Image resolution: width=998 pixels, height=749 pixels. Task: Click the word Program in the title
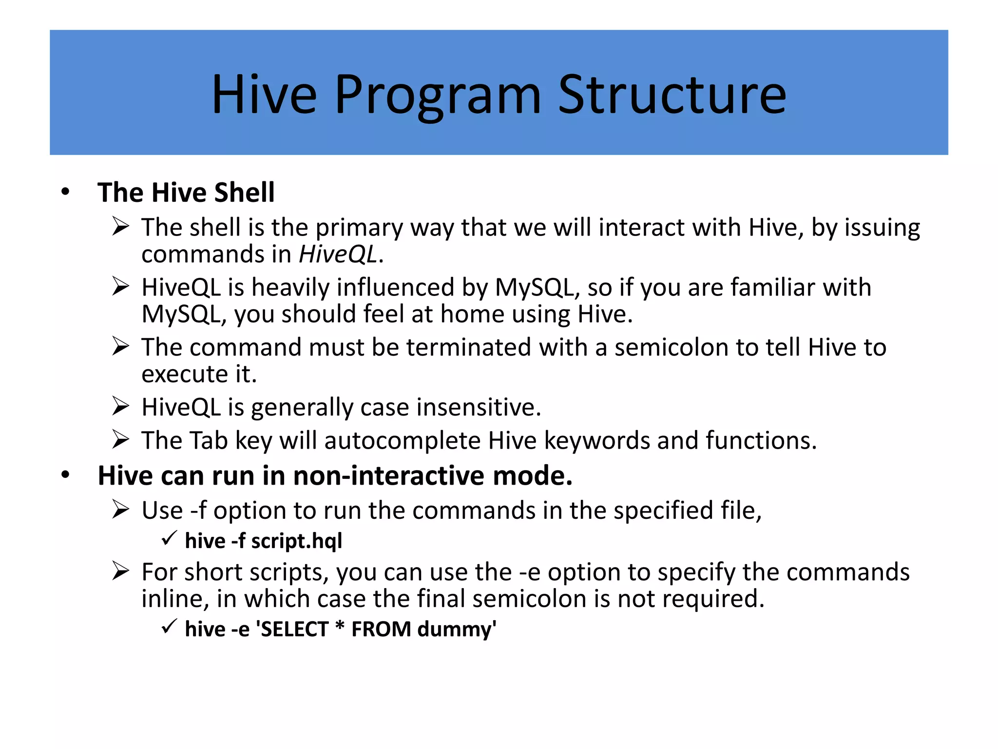(x=437, y=95)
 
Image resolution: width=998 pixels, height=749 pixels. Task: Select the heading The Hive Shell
(x=186, y=192)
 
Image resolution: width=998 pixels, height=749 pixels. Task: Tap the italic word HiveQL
(x=338, y=254)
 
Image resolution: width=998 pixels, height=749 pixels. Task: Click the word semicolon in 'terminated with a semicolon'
(x=671, y=347)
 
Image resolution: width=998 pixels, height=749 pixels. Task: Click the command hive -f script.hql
(x=263, y=541)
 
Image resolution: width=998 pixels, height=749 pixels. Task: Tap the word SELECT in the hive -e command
(x=295, y=629)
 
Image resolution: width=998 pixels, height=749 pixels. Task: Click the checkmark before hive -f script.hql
(x=169, y=539)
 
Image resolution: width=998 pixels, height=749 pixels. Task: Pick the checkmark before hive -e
(x=169, y=627)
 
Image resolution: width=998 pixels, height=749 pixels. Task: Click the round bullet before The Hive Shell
(x=65, y=192)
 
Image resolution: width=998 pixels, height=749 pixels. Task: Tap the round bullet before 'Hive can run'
(x=65, y=475)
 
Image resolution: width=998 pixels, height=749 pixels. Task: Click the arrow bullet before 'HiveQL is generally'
(x=120, y=406)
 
